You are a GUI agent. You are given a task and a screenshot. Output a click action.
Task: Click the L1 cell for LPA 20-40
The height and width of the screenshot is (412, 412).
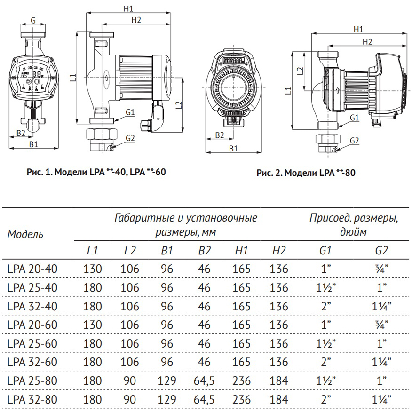(92, 269)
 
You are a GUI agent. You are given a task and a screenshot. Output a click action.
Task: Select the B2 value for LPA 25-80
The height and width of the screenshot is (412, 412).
(204, 380)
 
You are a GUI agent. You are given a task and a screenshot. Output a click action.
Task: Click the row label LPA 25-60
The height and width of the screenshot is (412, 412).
(32, 343)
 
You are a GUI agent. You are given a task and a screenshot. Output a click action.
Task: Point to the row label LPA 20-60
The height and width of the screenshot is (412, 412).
(32, 325)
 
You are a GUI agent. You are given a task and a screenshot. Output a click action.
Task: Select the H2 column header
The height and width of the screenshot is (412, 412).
(279, 251)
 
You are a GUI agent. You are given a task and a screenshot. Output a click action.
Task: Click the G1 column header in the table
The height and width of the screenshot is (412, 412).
(325, 251)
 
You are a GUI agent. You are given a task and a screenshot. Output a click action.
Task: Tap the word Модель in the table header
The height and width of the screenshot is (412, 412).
(25, 234)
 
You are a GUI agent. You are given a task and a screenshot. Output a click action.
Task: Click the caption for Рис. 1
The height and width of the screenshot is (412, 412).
(95, 172)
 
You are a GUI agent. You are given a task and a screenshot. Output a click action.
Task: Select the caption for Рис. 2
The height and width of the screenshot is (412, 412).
(306, 173)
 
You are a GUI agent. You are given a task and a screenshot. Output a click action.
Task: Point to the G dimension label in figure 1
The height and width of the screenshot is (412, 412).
(32, 20)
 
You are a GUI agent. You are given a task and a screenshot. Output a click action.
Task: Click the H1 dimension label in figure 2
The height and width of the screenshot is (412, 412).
(358, 29)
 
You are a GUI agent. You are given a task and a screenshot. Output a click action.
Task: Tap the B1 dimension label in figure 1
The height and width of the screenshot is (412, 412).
(33, 144)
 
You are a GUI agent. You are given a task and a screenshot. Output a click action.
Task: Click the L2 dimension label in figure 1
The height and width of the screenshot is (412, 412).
(178, 104)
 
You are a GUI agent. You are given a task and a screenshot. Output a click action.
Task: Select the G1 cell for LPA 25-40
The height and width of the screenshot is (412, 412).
(325, 288)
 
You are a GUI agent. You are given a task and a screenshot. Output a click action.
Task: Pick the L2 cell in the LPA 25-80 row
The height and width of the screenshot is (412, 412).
(130, 380)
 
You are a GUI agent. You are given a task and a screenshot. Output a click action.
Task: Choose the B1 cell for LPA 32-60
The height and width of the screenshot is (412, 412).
(166, 362)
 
